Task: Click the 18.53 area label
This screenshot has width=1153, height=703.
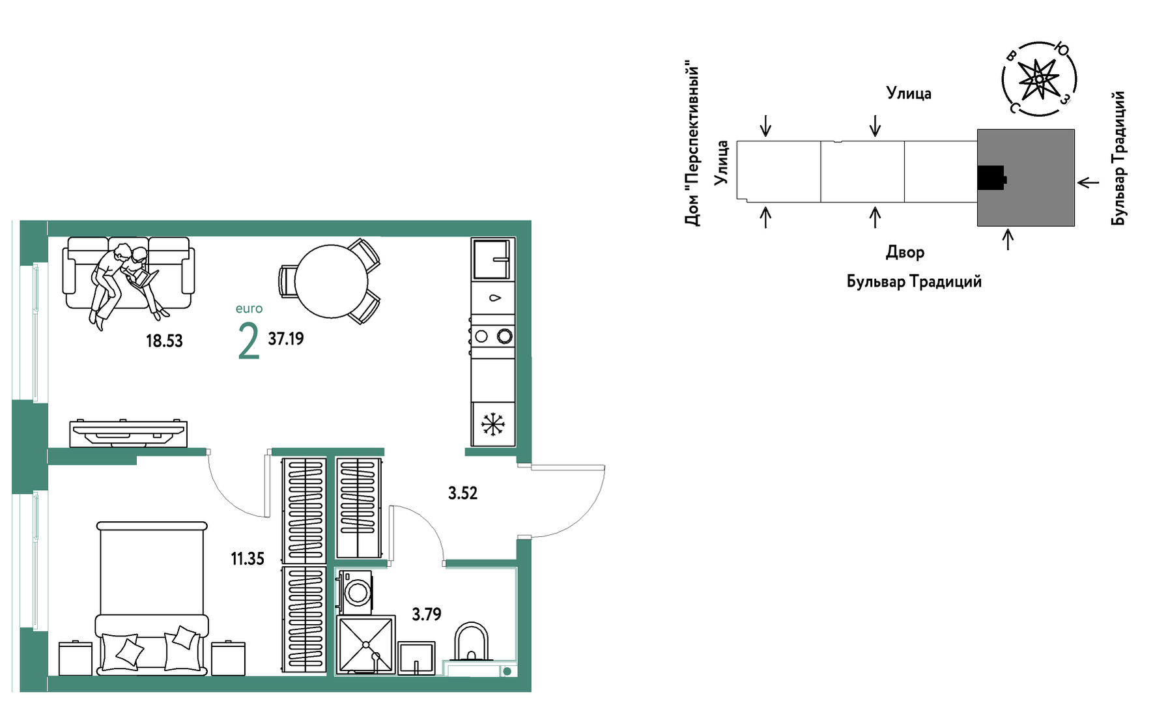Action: click(164, 341)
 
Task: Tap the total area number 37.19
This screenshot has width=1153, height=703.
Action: click(286, 339)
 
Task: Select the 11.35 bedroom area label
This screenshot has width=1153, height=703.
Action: click(248, 558)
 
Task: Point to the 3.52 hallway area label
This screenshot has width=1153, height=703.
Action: click(463, 493)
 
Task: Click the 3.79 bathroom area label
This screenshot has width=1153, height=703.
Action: click(427, 614)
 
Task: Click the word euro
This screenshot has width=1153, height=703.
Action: click(249, 309)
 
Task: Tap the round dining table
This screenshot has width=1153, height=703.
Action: click(332, 281)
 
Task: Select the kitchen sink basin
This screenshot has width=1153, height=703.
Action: click(493, 259)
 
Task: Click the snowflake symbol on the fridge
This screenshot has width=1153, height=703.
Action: click(493, 425)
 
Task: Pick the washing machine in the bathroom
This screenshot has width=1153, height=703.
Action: click(356, 592)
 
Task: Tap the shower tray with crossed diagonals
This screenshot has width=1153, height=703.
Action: click(366, 645)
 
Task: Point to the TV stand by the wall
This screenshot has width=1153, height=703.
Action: click(128, 433)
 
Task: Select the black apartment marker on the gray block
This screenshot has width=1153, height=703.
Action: click(991, 178)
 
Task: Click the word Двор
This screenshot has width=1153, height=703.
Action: click(905, 252)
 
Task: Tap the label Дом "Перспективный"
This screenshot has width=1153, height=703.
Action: click(692, 145)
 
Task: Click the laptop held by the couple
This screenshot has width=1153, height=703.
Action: click(144, 279)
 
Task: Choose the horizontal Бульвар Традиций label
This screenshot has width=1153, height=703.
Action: click(914, 281)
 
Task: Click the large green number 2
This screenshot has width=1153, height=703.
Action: click(249, 341)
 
